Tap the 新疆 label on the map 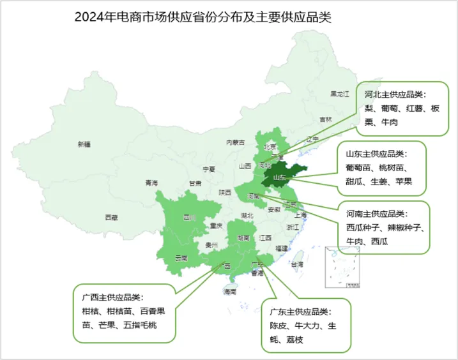click(84, 144)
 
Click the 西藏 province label click(111, 218)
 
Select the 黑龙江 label click(340, 94)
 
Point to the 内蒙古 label click(236, 142)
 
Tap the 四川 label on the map click(190, 218)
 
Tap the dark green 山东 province click(281, 177)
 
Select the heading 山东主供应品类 click(376, 154)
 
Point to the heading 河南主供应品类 click(376, 213)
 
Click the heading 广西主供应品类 click(112, 297)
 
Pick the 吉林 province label click(326, 119)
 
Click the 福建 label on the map click(281, 248)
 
